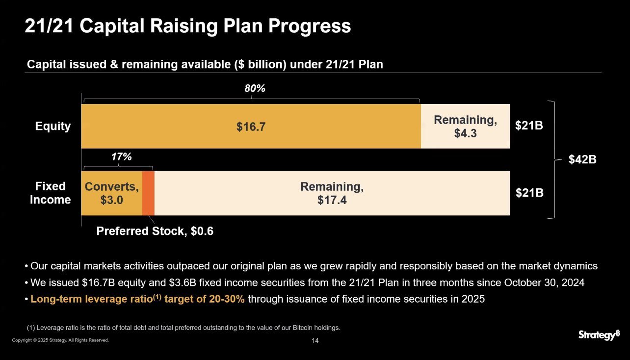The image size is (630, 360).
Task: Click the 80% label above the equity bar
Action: [255, 89]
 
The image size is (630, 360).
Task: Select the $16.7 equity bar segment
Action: [251, 127]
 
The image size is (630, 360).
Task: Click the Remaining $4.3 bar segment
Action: [465, 127]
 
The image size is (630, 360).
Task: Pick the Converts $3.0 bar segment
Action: [111, 194]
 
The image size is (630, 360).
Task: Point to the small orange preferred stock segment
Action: [148, 193]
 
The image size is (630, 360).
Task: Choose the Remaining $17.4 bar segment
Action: [332, 193]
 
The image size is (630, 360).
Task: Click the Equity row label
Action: [53, 127]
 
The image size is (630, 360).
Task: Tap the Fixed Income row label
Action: [50, 193]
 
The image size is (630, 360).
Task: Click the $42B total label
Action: [582, 159]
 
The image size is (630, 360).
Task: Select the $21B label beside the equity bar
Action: [529, 126]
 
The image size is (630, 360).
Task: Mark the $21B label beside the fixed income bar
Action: [529, 193]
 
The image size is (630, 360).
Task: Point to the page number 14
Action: [315, 340]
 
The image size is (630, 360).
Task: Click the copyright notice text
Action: [60, 340]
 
